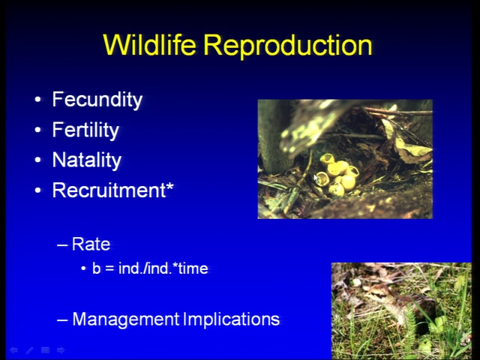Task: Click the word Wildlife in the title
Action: click(x=149, y=45)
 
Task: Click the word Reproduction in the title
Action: click(x=288, y=46)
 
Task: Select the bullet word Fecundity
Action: click(x=97, y=100)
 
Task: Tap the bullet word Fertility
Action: click(x=85, y=130)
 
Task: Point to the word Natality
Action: click(x=87, y=160)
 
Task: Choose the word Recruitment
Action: click(x=109, y=190)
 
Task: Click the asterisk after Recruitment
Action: click(x=169, y=186)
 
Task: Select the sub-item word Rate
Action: click(x=91, y=244)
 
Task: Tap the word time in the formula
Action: click(x=193, y=268)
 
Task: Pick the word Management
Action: click(x=126, y=319)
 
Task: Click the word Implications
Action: click(x=232, y=319)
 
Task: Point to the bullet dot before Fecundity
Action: click(x=37, y=100)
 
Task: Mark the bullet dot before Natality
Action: click(x=37, y=160)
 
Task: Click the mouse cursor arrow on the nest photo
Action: click(x=316, y=178)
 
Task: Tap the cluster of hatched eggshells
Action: click(x=338, y=175)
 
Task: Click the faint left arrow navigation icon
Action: click(x=13, y=350)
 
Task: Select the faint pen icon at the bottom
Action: click(x=29, y=350)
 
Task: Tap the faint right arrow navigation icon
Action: click(x=61, y=350)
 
